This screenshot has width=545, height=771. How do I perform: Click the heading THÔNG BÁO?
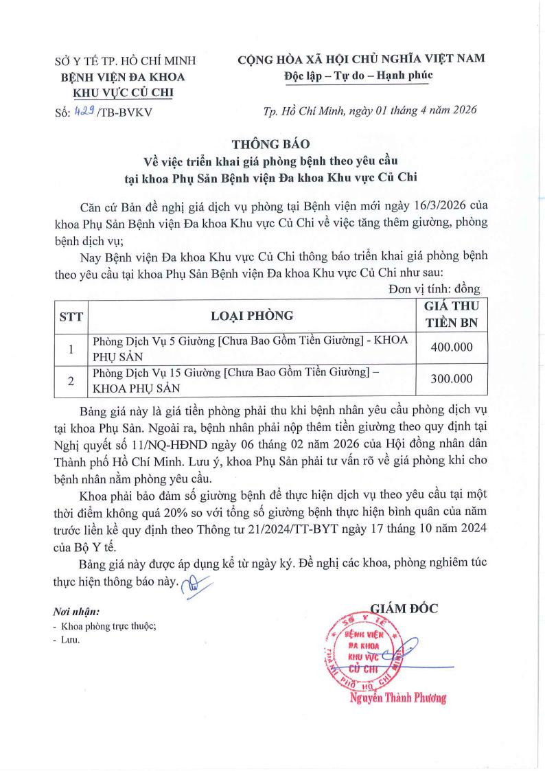point(271,144)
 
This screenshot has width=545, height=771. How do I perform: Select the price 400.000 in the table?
point(451,347)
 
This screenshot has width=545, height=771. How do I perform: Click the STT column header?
point(71,316)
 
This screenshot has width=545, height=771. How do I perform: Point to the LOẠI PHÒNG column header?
point(252,316)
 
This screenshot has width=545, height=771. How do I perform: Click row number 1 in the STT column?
point(71,348)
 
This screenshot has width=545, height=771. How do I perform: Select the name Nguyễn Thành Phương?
point(397,698)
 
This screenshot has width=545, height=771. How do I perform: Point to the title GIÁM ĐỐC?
point(404,607)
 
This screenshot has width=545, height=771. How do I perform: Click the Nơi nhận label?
point(76,611)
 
